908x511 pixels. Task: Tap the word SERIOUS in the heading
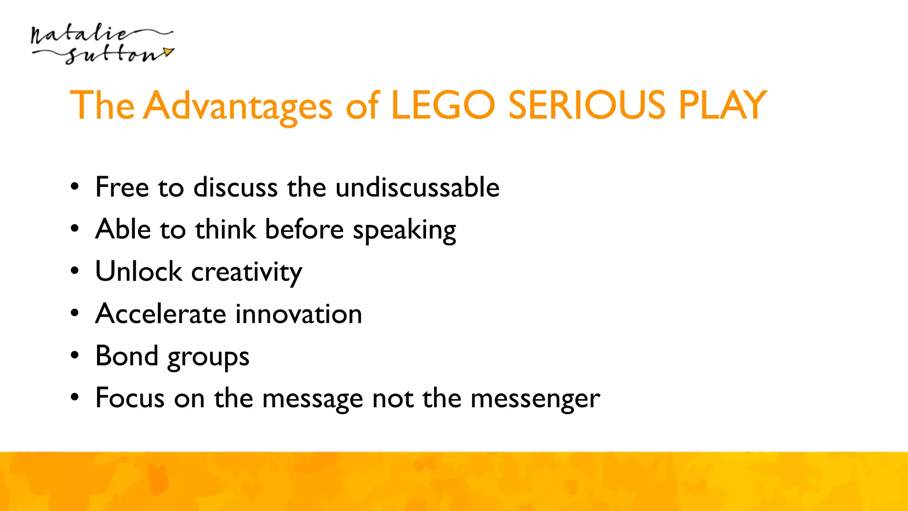pyautogui.click(x=587, y=105)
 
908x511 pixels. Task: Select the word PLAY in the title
pyautogui.click(x=722, y=105)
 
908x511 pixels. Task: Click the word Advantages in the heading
pyautogui.click(x=239, y=106)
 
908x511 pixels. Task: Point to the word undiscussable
pyautogui.click(x=417, y=187)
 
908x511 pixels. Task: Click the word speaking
pyautogui.click(x=404, y=231)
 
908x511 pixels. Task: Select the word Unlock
pyautogui.click(x=138, y=271)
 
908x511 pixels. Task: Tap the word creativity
pyautogui.click(x=247, y=273)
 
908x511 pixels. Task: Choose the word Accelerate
pyautogui.click(x=161, y=314)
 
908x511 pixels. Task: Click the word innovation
pyautogui.click(x=298, y=314)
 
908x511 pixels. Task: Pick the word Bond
pyautogui.click(x=127, y=356)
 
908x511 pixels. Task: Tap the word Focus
pyautogui.click(x=130, y=398)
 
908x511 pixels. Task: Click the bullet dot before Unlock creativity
pyautogui.click(x=74, y=271)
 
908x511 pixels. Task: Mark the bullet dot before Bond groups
pyautogui.click(x=74, y=355)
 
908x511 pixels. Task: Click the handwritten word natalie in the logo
pyautogui.click(x=80, y=35)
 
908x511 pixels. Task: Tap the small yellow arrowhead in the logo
pyautogui.click(x=168, y=52)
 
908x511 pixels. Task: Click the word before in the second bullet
pyautogui.click(x=304, y=230)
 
